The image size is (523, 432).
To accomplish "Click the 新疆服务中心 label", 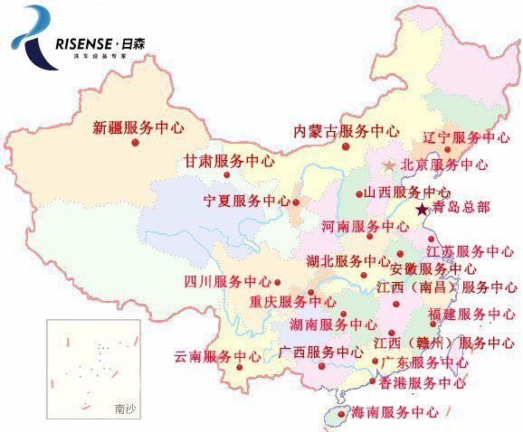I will [x=138, y=127].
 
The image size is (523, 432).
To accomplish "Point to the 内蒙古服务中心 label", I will [x=347, y=131].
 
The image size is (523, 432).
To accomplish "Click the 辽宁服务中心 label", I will [x=468, y=138].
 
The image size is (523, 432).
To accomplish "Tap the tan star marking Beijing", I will [x=389, y=165].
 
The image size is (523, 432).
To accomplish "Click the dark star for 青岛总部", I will [x=421, y=210].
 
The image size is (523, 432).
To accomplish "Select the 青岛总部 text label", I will [x=460, y=207].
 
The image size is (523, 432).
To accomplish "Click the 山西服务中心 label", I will [x=407, y=193].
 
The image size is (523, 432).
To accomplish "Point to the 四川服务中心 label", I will [x=227, y=282].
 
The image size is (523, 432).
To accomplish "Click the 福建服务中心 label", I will [x=471, y=315].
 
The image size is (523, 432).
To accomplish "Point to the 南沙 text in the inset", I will [x=125, y=409].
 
